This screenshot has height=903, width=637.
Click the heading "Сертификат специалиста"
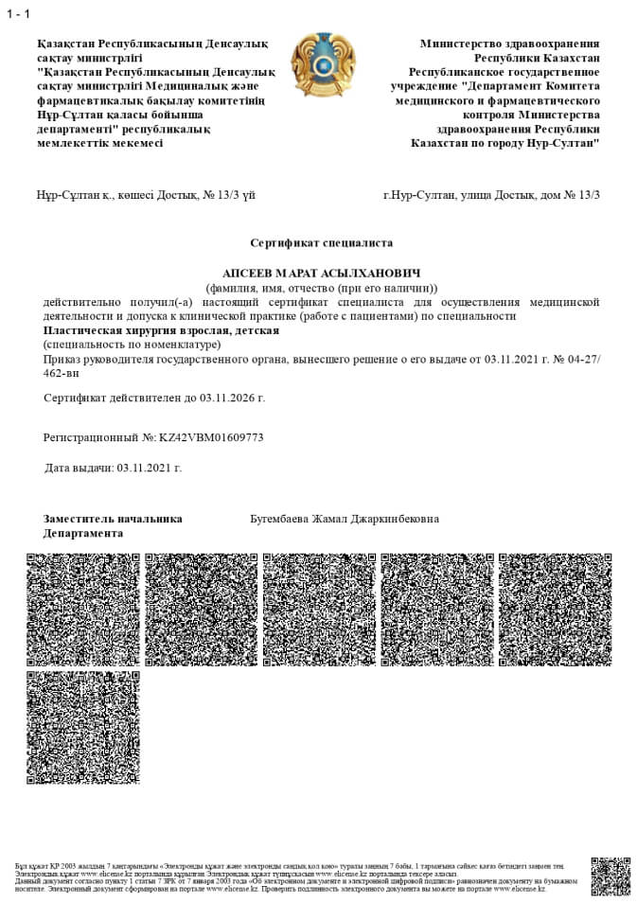pyautogui.click(x=321, y=243)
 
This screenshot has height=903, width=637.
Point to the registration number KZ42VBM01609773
pyautogui.click(x=211, y=438)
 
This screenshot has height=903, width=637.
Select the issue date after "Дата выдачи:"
pyautogui.click(x=149, y=468)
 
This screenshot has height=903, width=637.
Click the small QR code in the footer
pyautogui.click(x=610, y=876)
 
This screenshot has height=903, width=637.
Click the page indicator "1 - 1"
pyautogui.click(x=18, y=13)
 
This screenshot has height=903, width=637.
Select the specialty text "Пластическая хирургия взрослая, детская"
pyautogui.click(x=161, y=330)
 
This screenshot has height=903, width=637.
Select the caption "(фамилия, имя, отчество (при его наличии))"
pyautogui.click(x=322, y=287)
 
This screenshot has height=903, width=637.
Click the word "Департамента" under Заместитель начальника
pyautogui.click(x=83, y=533)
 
